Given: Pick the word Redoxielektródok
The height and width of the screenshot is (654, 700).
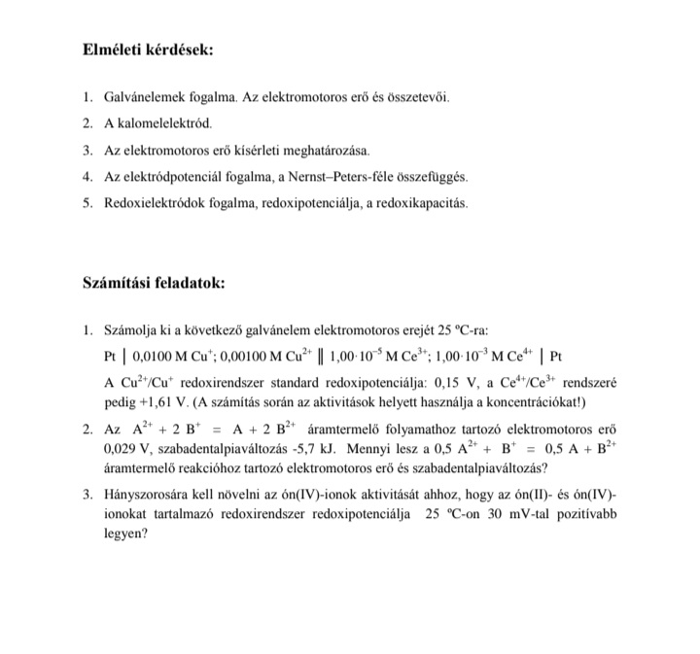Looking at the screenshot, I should tap(156, 204).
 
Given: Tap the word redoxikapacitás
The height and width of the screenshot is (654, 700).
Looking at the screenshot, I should tap(426, 204).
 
